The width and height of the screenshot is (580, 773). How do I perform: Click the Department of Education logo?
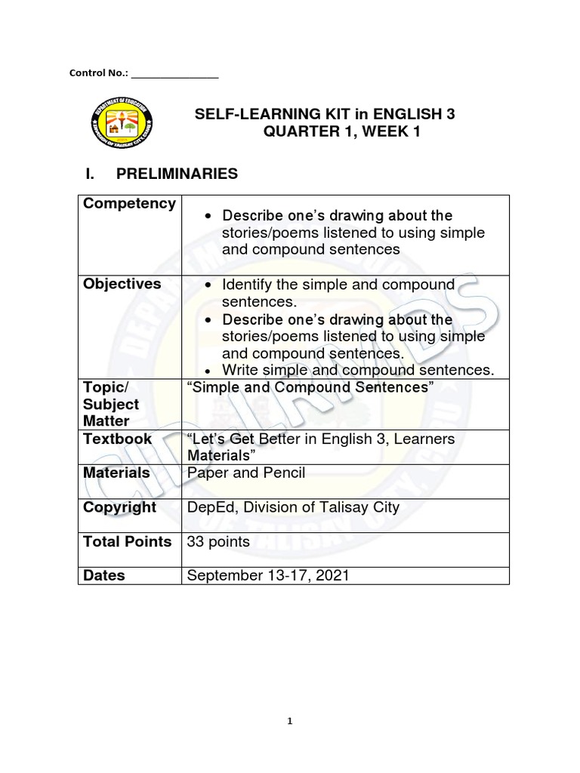122,124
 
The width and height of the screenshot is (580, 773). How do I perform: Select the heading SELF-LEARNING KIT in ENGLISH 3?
325,115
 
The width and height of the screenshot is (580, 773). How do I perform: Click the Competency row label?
129,204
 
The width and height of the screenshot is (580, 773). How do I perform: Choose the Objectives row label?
122,284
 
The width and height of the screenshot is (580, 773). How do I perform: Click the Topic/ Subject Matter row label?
112,404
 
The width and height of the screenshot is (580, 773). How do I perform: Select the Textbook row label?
118,439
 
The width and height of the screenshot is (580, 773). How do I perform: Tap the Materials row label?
116,473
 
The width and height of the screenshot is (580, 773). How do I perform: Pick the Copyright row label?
120,507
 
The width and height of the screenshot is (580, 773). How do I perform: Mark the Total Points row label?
128,541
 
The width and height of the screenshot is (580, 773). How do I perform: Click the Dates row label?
104,575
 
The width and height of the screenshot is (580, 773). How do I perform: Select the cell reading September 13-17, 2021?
268,575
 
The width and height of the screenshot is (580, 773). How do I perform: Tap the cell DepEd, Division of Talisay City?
293,507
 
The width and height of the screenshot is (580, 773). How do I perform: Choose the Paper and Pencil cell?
245,473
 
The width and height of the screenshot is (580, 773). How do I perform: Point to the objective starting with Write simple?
357,370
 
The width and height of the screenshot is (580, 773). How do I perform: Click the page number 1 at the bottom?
289,721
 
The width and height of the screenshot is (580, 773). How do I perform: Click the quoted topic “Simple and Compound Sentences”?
310,387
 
